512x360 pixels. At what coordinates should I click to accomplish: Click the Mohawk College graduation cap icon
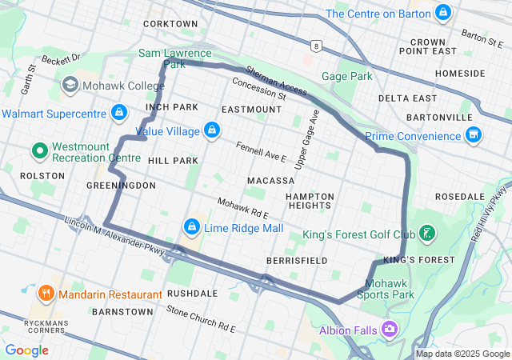coord(70,84)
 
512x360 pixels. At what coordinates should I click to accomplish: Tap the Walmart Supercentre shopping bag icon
coord(119,113)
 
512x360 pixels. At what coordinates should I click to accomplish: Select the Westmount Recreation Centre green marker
coord(38,150)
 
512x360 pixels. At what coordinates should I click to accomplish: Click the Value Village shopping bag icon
coord(211,130)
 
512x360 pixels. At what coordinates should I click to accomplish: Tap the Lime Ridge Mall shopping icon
coord(192,228)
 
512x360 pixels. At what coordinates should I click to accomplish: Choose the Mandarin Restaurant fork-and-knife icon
coord(45,293)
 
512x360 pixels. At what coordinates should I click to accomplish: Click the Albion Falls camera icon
coord(390,329)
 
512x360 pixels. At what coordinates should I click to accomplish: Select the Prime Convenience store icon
coord(474,135)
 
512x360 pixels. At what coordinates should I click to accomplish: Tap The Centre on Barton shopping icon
coord(443,14)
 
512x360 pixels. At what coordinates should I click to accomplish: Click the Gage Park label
coord(347,77)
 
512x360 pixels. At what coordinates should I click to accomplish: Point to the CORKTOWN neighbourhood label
coord(170,24)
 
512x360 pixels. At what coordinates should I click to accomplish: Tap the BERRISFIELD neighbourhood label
coord(296,262)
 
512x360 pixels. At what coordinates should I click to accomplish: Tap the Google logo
coord(27,350)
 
